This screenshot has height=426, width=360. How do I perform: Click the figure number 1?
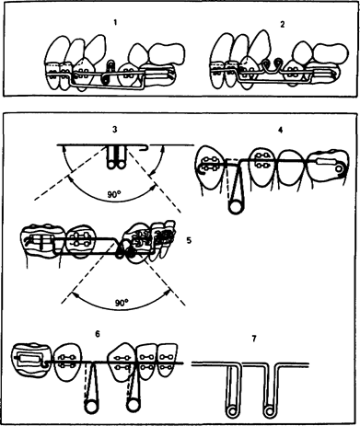click(x=115, y=22)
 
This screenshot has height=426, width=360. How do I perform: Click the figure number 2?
click(x=283, y=25)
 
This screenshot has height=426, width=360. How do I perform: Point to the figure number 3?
click(x=115, y=130)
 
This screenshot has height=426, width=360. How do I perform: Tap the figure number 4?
click(x=280, y=130)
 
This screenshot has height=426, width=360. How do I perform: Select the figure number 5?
click(x=189, y=240)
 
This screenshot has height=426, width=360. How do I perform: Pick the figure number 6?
click(x=98, y=334)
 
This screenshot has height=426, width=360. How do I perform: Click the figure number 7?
click(x=254, y=339)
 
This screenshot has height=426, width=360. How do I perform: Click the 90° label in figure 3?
click(x=113, y=194)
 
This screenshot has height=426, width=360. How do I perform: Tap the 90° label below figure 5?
click(x=122, y=303)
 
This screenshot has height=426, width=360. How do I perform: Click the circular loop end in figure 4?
click(x=236, y=207)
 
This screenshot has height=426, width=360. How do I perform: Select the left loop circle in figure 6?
click(x=91, y=406)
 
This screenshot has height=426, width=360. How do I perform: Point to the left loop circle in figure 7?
click(x=231, y=410)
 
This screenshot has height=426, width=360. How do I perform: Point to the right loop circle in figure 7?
click(x=269, y=410)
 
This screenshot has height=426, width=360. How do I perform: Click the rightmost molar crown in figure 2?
click(x=331, y=54)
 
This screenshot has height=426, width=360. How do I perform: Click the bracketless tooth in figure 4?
click(x=293, y=167)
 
